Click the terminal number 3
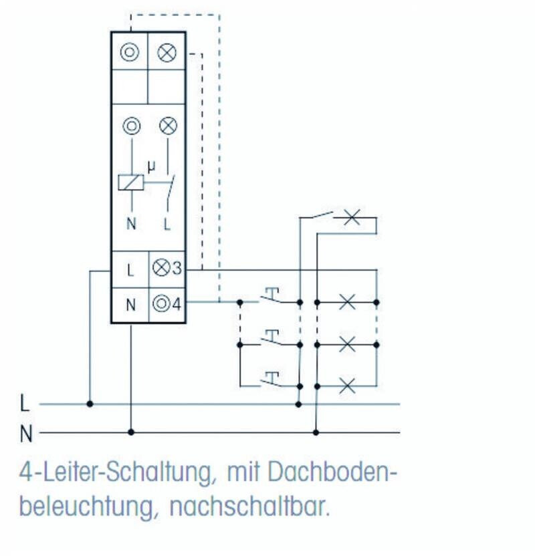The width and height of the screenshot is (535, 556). point(177,269)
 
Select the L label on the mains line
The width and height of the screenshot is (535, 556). point(25,404)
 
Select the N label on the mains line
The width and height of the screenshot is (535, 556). point(25,434)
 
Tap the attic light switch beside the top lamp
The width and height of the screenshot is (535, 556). point(316,216)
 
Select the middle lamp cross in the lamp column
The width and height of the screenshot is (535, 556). point(347,344)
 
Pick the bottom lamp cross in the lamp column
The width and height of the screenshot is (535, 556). point(347,386)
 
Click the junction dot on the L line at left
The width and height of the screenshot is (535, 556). point(90,404)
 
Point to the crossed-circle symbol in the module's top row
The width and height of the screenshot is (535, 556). point(167,53)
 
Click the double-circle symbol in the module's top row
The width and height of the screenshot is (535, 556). point(129,52)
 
